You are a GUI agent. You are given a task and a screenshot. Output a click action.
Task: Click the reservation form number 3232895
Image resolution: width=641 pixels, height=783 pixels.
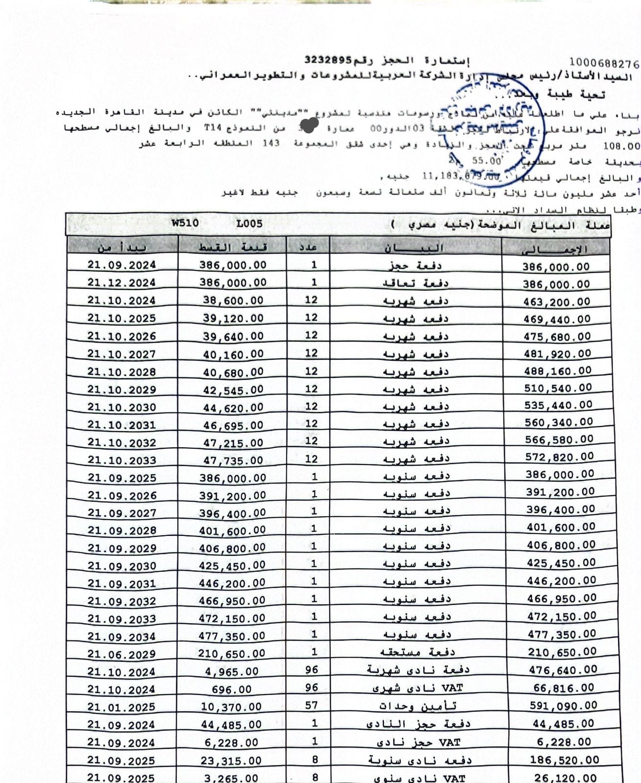pyautogui.click(x=328, y=60)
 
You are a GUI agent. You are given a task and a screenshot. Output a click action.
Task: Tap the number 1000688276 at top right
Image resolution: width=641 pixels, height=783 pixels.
pyautogui.click(x=604, y=64)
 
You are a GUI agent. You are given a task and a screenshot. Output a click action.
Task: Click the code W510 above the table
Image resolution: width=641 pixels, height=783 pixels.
pyautogui.click(x=185, y=223)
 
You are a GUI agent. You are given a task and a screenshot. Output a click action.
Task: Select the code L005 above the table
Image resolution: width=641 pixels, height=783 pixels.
pyautogui.click(x=250, y=224)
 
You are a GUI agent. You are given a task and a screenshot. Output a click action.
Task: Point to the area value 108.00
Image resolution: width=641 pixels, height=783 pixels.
pyautogui.click(x=621, y=146)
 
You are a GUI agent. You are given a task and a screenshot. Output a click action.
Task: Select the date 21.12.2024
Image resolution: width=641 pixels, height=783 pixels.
pyautogui.click(x=122, y=283)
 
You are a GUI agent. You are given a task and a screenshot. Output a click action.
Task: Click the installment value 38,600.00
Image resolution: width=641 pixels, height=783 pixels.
pyautogui.click(x=233, y=300)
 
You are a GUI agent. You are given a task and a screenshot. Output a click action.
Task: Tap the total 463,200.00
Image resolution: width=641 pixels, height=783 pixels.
pyautogui.click(x=556, y=302)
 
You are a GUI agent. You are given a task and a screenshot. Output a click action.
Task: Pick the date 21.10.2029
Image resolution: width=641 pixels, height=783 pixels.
pyautogui.click(x=122, y=390)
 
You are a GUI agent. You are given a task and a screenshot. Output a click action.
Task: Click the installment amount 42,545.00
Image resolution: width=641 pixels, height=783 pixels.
pyautogui.click(x=233, y=390)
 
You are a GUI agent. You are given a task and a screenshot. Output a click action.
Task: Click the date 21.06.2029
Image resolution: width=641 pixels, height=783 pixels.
pyautogui.click(x=122, y=654)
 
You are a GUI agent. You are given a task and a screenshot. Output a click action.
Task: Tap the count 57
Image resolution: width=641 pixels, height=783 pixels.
pyautogui.click(x=311, y=705)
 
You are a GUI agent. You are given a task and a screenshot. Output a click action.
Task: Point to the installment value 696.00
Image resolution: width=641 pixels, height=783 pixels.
pyautogui.click(x=232, y=690)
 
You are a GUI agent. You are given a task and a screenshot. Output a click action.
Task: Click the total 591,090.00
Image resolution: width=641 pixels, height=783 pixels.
pyautogui.click(x=563, y=706)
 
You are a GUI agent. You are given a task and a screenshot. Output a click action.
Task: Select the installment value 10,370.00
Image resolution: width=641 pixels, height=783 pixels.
pyautogui.click(x=231, y=707)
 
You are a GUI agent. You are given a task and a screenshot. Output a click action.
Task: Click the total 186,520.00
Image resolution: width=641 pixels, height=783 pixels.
pyautogui.click(x=564, y=760)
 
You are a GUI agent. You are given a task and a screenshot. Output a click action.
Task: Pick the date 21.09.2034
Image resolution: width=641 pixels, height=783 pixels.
pyautogui.click(x=122, y=637)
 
